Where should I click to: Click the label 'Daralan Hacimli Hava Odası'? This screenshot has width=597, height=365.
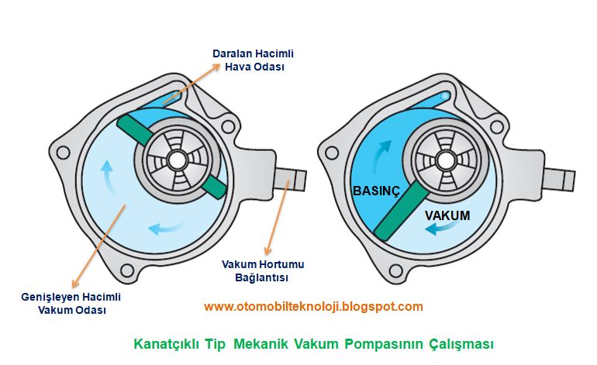pyautogui.click(x=253, y=60)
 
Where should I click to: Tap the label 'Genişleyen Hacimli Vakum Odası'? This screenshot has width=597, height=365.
pyautogui.click(x=72, y=303)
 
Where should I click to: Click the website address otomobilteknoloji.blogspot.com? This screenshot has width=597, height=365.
pyautogui.click(x=313, y=306)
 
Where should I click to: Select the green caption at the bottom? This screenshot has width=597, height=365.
pyautogui.click(x=314, y=343)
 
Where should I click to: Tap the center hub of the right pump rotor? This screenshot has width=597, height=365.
pyautogui.click(x=441, y=160)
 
